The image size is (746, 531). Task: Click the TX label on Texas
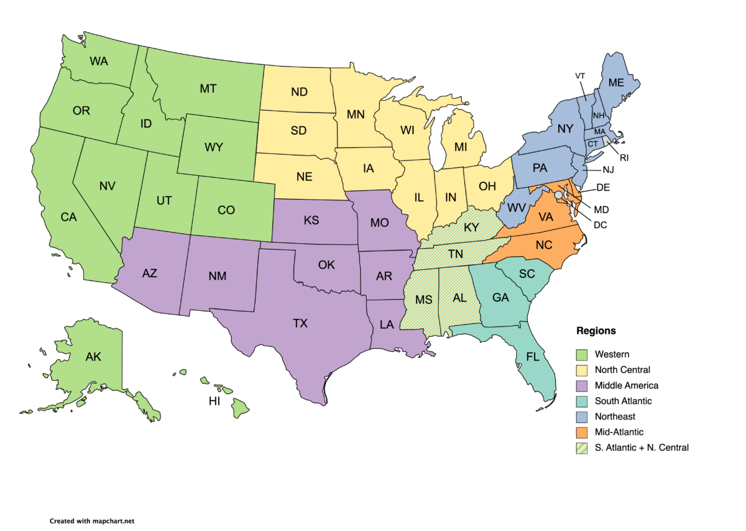(300, 323)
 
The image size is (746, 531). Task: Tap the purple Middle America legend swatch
(581, 386)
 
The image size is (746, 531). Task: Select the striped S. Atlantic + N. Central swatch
(581, 447)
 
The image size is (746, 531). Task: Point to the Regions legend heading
(596, 331)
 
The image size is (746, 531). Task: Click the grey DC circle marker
(558, 195)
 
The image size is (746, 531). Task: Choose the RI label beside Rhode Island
(624, 158)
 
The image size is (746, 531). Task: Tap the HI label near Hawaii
(214, 402)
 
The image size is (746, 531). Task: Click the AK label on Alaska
(93, 356)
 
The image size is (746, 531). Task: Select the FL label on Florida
(533, 358)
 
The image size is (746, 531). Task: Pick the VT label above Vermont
(580, 76)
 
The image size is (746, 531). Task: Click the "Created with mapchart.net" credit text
(92, 521)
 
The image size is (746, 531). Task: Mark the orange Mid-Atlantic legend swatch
(581, 432)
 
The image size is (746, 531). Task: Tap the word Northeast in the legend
(615, 417)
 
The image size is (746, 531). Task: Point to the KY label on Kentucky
(471, 228)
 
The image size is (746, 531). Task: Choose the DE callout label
(602, 187)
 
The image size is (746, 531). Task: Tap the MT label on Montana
(208, 89)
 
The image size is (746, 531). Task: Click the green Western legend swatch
(581, 354)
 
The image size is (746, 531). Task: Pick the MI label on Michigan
(460, 147)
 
